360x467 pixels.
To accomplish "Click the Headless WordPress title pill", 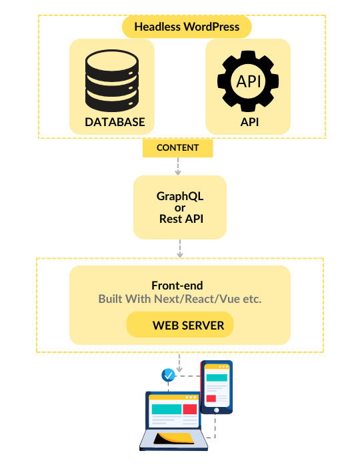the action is click(x=187, y=27).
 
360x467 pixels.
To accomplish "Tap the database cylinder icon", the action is click(x=112, y=81).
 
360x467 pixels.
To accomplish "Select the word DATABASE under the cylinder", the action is click(x=115, y=122).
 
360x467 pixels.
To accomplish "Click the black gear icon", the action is click(x=248, y=81).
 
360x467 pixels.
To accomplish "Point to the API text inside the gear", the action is click(x=249, y=81).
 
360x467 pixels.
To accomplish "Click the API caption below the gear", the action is click(x=249, y=122).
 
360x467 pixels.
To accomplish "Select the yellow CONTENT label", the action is click(x=178, y=147).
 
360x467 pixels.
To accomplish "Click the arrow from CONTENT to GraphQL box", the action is click(x=178, y=166).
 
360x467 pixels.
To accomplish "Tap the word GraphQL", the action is click(x=180, y=197).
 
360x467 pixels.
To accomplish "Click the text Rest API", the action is click(x=181, y=219).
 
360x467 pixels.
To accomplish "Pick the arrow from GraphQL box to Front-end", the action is click(x=180, y=249).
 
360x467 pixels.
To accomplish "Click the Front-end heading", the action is click(x=177, y=286).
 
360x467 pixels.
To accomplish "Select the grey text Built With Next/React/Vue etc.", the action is click(x=180, y=299).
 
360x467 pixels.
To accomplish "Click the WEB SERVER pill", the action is click(x=180, y=325).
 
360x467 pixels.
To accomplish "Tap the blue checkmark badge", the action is click(x=169, y=375).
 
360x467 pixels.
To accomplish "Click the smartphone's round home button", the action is click(x=217, y=410).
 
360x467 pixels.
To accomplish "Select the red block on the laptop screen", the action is click(x=190, y=409).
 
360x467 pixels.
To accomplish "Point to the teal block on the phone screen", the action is click(x=217, y=378).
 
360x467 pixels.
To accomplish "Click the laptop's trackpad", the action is click(x=175, y=438).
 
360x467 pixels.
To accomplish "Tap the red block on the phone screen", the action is click(x=211, y=398).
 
